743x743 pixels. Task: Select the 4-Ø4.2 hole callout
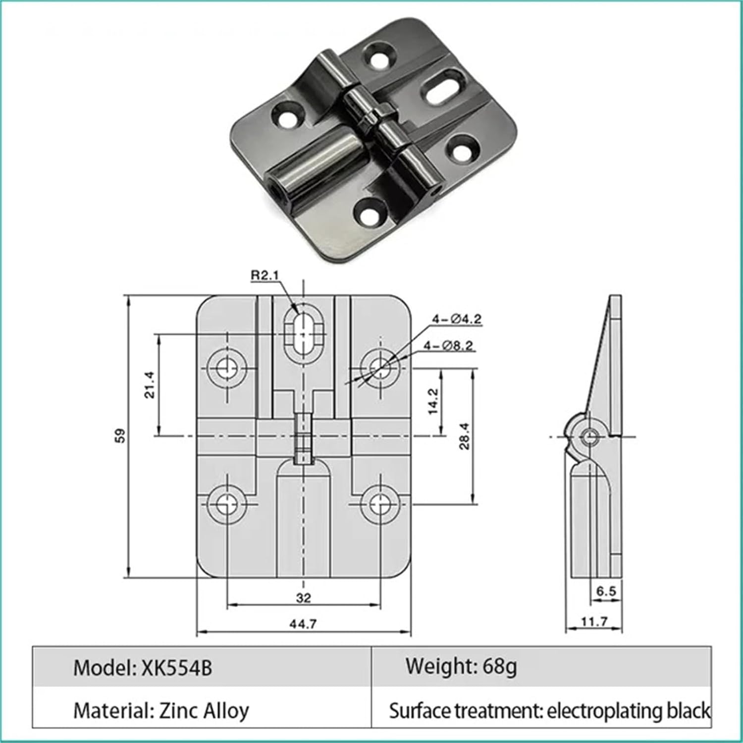[x=456, y=319]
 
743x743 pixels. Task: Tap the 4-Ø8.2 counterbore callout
[x=449, y=346]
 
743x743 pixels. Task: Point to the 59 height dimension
[x=120, y=435]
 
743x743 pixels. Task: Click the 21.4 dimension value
[x=150, y=384]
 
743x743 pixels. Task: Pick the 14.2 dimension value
[x=433, y=401]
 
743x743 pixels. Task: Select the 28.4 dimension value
[x=464, y=435]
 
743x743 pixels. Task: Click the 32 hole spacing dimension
[x=303, y=598]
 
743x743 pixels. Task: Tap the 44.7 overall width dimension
[x=303, y=624]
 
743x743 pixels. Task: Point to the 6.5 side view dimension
[x=606, y=591]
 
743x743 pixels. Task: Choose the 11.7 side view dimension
[x=594, y=621]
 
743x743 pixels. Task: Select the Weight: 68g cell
[x=461, y=666]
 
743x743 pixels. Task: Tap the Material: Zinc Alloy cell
[x=161, y=711]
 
